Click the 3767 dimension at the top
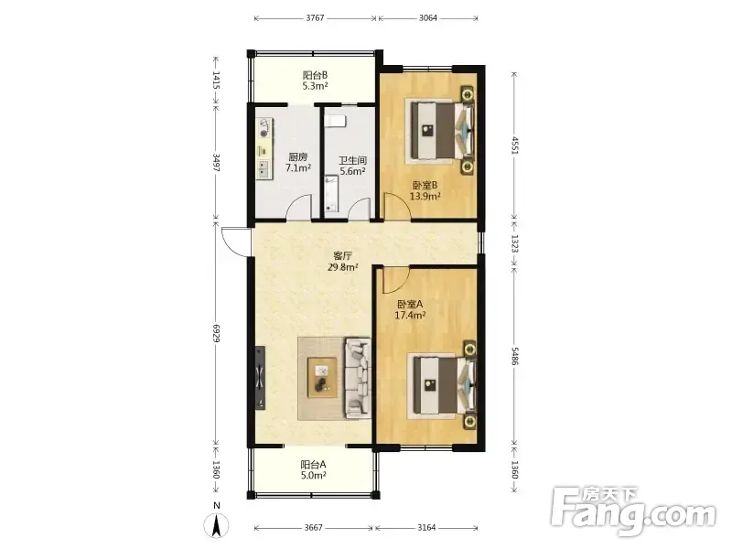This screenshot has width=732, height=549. (x=315, y=18)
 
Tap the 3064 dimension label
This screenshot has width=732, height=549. (x=428, y=18)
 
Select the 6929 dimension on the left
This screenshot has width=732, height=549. (x=216, y=333)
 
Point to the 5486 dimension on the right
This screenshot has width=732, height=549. (x=514, y=356)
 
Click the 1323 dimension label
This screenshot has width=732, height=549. (x=514, y=243)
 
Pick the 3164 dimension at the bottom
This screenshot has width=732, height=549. (x=426, y=528)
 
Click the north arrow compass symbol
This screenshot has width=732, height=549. (x=216, y=522)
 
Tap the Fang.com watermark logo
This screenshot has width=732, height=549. (x=633, y=511)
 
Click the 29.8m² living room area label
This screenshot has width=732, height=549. (x=342, y=267)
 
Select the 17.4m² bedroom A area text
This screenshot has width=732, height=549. (x=410, y=315)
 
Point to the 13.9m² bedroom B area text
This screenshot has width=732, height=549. (x=425, y=196)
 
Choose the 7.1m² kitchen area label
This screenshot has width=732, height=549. (x=298, y=167)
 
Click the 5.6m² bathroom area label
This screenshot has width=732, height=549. (x=352, y=171)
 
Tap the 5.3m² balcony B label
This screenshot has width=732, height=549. (x=315, y=86)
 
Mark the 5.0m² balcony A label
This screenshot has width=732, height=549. (x=313, y=475)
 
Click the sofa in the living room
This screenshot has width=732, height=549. (x=358, y=378)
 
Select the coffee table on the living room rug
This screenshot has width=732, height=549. (x=322, y=378)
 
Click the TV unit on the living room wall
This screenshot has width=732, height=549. (x=260, y=378)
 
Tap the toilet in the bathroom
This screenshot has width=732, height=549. (x=335, y=121)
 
